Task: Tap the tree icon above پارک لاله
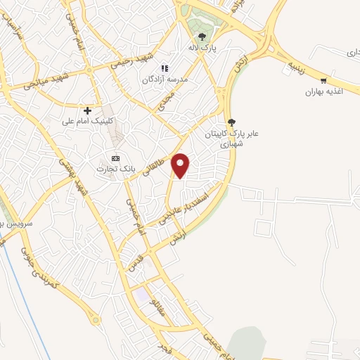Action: coord(202,37)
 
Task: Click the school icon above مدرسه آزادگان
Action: coord(164,68)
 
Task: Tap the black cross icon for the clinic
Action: coord(87,110)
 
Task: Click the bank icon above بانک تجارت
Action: coord(116,157)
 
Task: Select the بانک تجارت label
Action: coord(117,169)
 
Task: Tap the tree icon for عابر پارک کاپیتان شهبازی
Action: coord(231,122)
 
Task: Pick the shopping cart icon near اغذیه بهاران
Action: coord(323,80)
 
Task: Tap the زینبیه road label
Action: coord(299,66)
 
